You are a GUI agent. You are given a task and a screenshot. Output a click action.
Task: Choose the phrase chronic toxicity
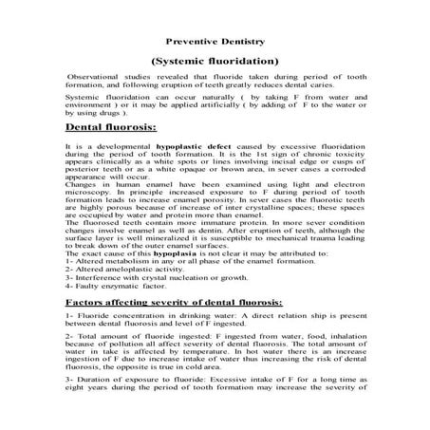point(350,157)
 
